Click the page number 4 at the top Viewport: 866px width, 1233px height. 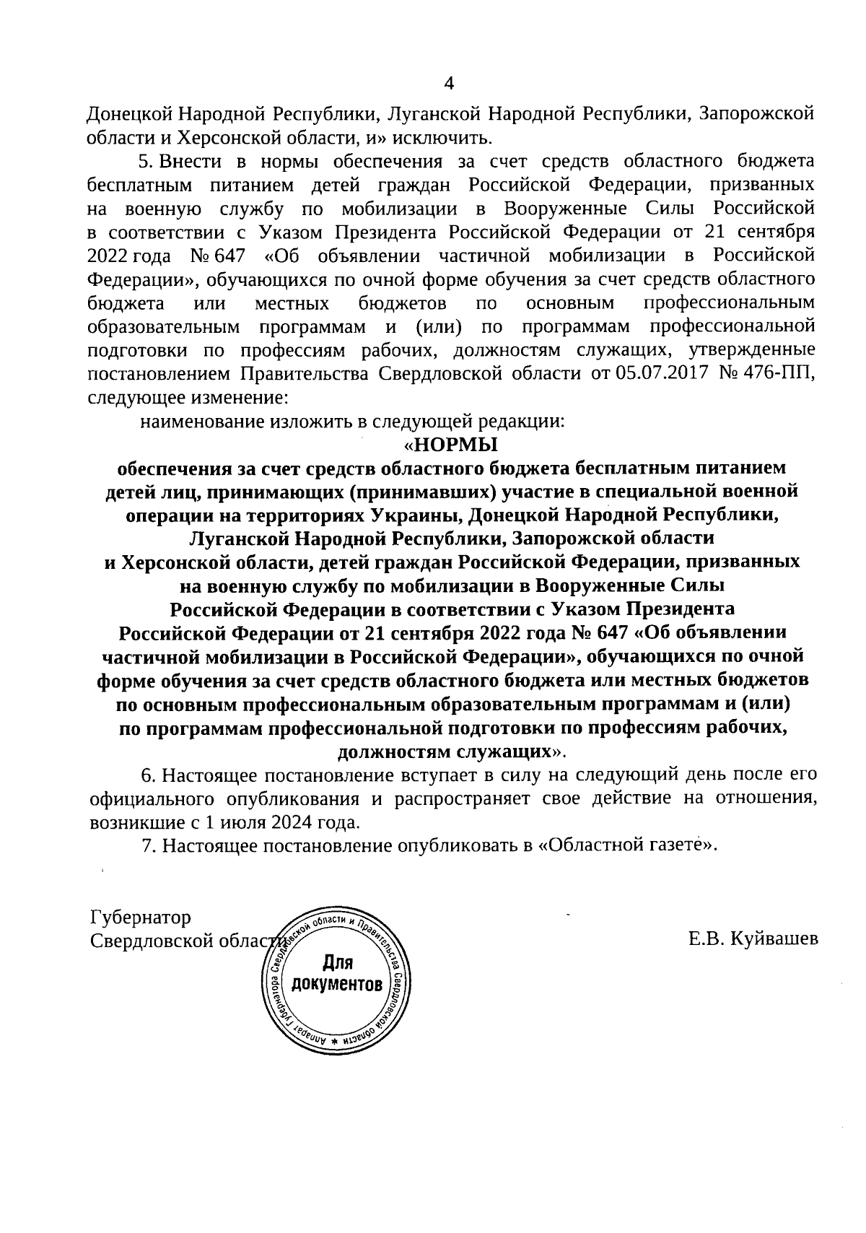448,84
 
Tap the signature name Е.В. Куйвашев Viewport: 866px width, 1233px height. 753,938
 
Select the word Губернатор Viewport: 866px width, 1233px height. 141,918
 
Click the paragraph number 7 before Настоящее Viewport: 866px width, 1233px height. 148,845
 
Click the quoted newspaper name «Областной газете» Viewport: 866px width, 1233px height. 628,845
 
